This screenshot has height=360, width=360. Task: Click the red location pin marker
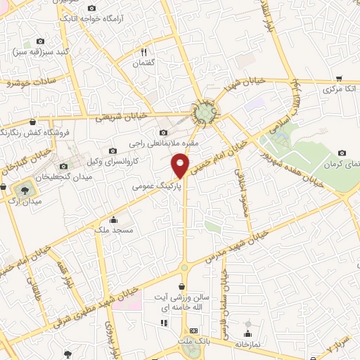pos(181,165)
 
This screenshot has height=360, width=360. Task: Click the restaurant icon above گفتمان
pos(143,51)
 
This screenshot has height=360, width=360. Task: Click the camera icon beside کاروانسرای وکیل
pos(112,150)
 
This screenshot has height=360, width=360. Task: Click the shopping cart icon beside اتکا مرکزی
pos(339,79)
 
